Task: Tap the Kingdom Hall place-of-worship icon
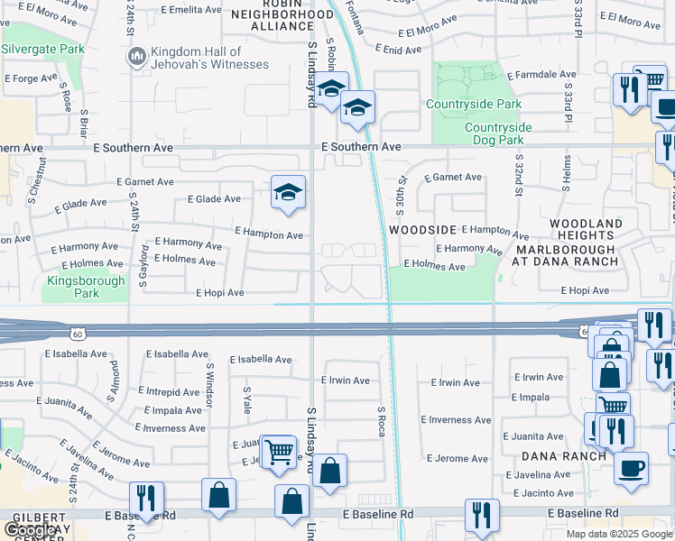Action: [137, 58]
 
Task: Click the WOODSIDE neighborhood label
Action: [425, 230]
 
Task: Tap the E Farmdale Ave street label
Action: [541, 75]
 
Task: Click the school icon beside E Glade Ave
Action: [288, 192]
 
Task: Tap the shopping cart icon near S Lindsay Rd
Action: [279, 452]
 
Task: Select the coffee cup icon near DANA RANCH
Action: [631, 467]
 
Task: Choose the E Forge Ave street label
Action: [32, 79]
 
